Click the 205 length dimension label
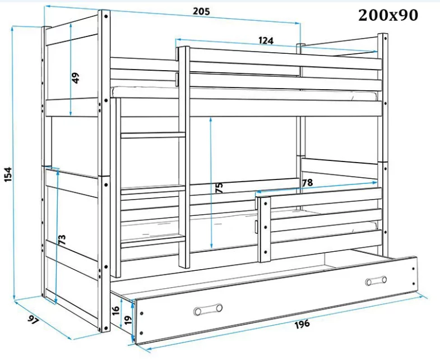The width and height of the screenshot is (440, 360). pos(201,11)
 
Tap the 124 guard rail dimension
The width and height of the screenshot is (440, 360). pos(266,41)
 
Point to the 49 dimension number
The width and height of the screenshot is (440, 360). pos(76,78)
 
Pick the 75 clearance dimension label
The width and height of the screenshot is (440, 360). pos(219,187)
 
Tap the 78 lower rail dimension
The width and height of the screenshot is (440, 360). pos(307,183)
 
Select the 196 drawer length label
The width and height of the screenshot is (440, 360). pos(302,324)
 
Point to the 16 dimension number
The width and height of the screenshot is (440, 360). pos(115,310)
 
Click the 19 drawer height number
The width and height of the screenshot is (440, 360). pos(127,320)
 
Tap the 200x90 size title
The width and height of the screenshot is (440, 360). pos(388,16)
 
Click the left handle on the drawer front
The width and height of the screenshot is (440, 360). pos(208,310)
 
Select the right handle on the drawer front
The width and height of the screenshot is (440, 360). pos(376,281)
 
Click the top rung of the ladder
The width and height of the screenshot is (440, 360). pos(153,135)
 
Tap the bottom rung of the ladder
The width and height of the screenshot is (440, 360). pos(153,241)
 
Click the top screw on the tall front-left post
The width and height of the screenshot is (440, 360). pos(106,16)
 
